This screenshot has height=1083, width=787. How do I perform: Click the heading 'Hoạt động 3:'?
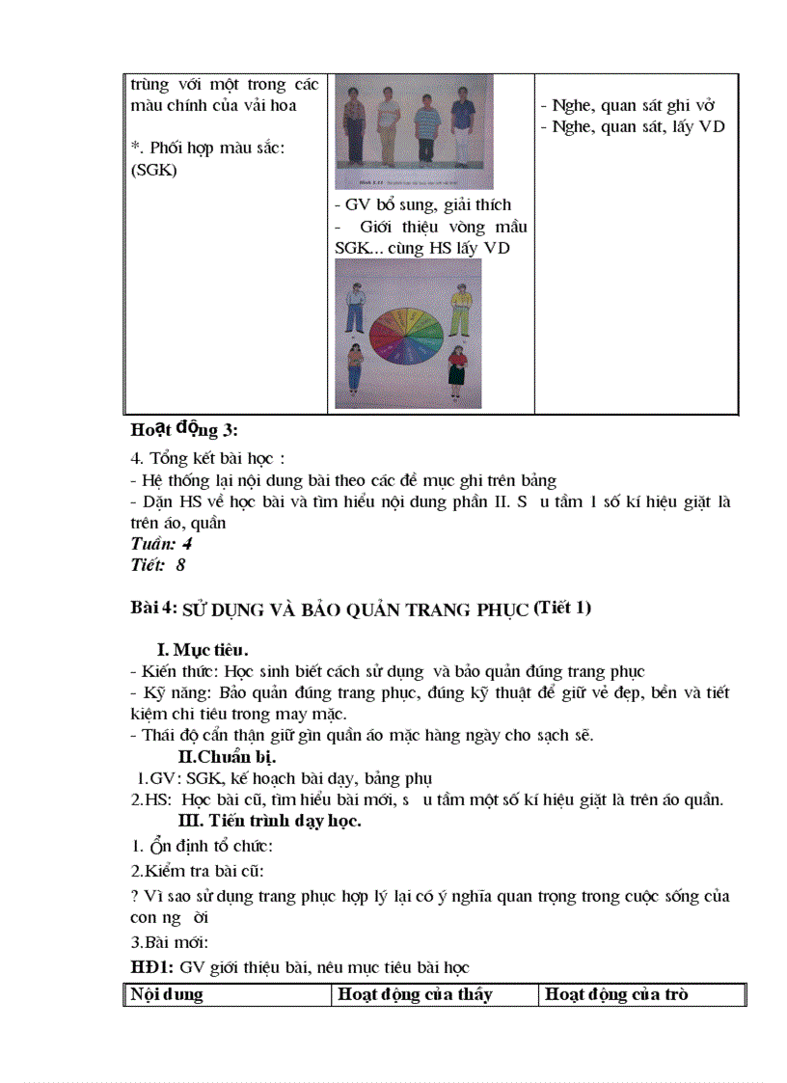point(183,429)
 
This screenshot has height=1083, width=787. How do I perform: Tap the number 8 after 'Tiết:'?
point(180,565)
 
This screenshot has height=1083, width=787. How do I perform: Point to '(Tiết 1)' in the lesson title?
point(562,608)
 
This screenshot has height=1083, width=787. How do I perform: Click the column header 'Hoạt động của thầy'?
point(414,994)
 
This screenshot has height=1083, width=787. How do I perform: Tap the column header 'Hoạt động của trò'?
point(616,994)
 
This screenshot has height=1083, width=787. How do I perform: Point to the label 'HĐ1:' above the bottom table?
point(149,966)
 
